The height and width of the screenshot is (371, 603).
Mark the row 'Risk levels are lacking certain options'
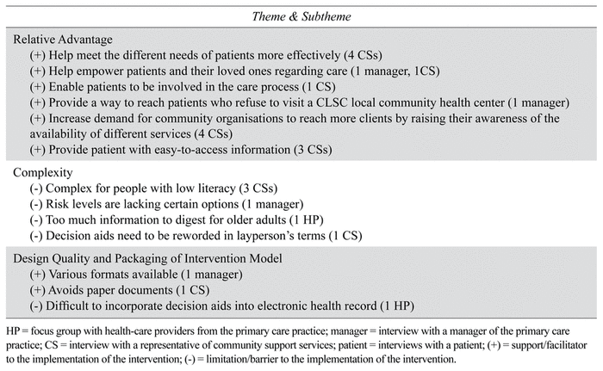[164, 203]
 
